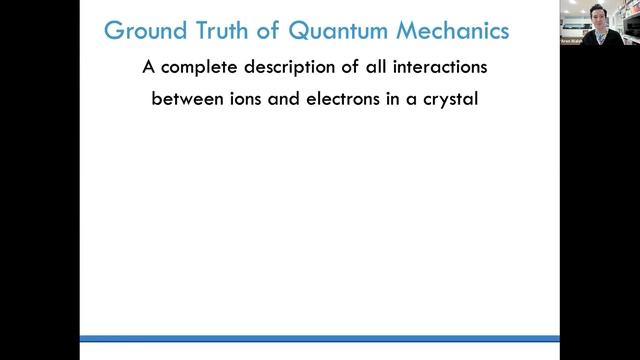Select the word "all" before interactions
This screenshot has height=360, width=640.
click(x=381, y=70)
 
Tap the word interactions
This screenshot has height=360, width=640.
click(x=444, y=70)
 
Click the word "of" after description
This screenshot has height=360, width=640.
click(x=352, y=70)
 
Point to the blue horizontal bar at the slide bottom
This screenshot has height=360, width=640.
click(x=320, y=338)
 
